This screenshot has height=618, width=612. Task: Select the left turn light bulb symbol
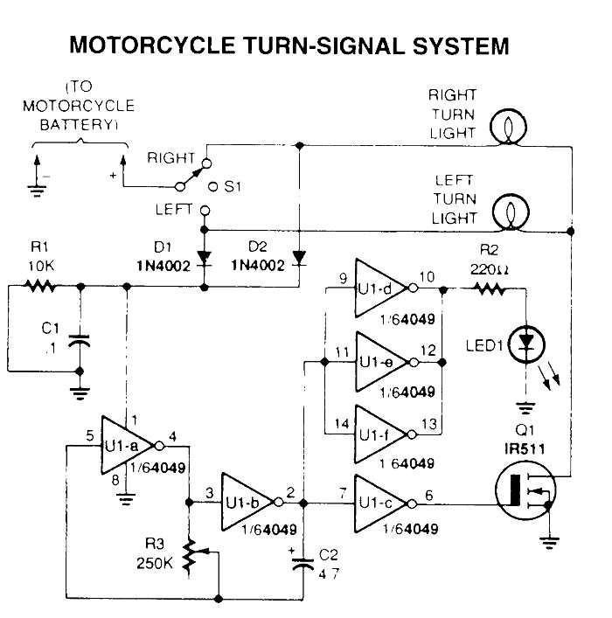pyautogui.click(x=506, y=212)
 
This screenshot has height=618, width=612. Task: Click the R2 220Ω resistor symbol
pyautogui.click(x=489, y=288)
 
